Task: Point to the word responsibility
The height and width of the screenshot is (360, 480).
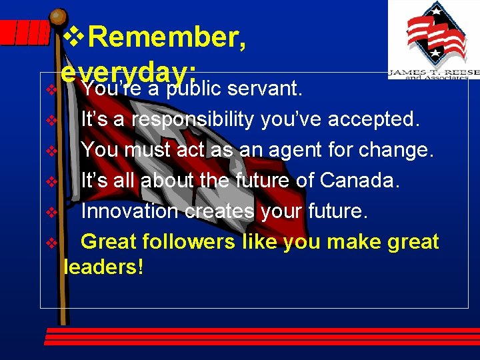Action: click(193, 120)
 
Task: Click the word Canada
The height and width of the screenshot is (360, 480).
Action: click(359, 180)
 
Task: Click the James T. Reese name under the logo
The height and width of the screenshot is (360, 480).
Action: click(433, 71)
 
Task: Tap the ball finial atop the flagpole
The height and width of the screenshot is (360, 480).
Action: click(59, 17)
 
